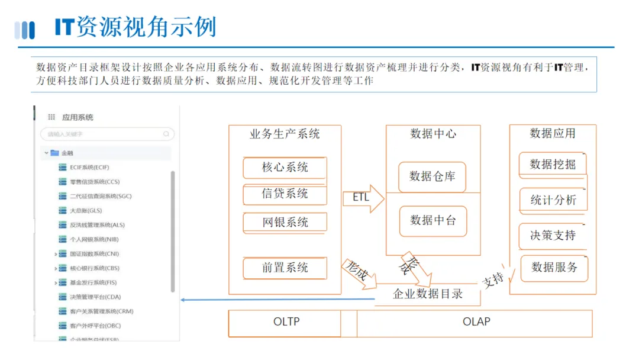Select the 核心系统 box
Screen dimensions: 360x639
[x=285, y=168]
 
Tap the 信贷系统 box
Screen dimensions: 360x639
[x=285, y=194]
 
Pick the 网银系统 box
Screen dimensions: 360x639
[x=285, y=223]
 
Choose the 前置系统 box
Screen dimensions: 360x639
[x=285, y=268]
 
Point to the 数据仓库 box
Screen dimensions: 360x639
[x=433, y=176]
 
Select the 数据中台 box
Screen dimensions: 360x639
[x=433, y=221]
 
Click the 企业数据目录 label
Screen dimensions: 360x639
[x=428, y=294]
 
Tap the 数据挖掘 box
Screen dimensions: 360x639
[x=553, y=165]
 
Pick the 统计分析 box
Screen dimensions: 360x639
[x=553, y=200]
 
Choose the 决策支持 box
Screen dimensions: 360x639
[x=553, y=235]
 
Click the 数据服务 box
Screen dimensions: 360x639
[x=554, y=268]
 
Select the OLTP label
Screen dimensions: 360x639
[x=286, y=322]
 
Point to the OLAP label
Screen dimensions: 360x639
[x=476, y=322]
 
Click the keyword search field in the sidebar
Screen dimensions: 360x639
[x=106, y=134]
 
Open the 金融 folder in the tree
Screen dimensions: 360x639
[x=66, y=153]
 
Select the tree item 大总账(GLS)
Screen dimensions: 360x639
[x=85, y=210]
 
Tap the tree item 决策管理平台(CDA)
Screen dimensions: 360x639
[x=95, y=297]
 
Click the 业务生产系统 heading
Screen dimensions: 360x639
[x=285, y=134]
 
